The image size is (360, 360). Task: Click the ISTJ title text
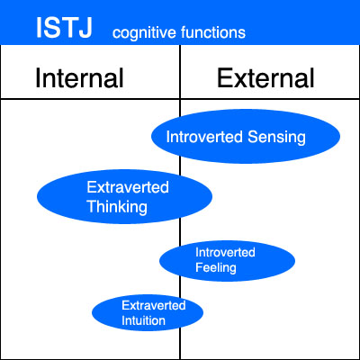64,28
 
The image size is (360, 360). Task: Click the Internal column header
79,77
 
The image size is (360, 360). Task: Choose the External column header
265,77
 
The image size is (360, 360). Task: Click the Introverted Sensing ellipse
246,136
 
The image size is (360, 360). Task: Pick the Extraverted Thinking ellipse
124,196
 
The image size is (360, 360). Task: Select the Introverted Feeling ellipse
227,261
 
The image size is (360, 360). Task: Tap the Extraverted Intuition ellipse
148,313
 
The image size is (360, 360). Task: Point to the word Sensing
276,138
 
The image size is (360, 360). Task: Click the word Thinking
117,207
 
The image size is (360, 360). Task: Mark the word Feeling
216,268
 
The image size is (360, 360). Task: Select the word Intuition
143,320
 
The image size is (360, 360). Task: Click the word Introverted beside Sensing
204,137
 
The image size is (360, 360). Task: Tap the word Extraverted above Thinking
128,187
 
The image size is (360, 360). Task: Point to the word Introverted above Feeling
225,252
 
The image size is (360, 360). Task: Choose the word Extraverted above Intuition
154,305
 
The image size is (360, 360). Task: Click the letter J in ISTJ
85,28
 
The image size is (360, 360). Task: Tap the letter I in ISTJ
39,28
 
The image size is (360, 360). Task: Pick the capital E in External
224,77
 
